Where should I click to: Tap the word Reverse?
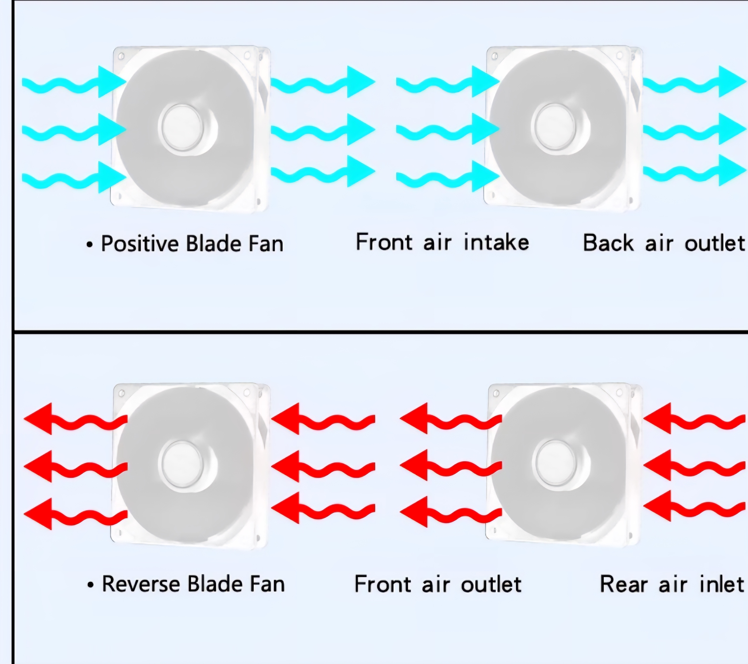point(141,584)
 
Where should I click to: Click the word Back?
point(608,243)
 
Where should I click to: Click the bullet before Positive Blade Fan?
point(90,245)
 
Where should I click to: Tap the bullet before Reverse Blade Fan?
point(90,585)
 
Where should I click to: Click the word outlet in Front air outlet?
point(491,584)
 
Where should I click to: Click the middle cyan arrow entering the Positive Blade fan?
point(73,130)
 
